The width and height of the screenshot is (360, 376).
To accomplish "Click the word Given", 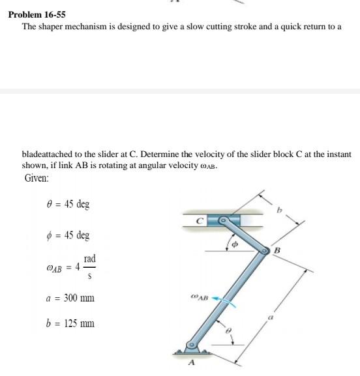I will [38, 177].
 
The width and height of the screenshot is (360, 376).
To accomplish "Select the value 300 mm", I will [79, 298].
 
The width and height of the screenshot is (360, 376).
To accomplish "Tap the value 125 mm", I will [79, 323].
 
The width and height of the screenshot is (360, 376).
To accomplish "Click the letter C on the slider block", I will [203, 221].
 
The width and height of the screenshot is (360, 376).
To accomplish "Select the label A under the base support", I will [192, 364].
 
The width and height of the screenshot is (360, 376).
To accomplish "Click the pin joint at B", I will [264, 250].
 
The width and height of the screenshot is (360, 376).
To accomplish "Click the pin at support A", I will [192, 345].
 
